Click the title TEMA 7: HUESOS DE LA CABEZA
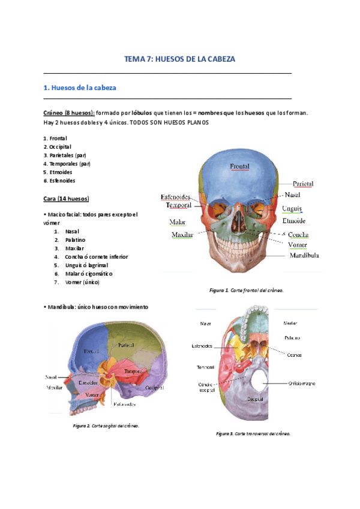click(x=179, y=59)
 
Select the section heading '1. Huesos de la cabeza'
click(x=80, y=88)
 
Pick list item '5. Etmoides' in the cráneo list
click(x=59, y=172)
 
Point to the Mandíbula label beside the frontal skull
click(x=304, y=255)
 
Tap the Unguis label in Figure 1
click(x=292, y=208)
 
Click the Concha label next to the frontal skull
click(x=298, y=234)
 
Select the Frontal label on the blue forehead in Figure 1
click(x=239, y=166)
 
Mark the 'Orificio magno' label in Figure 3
click(x=302, y=383)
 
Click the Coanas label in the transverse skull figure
click(x=295, y=354)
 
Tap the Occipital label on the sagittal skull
click(x=154, y=388)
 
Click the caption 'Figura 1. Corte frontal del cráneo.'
click(x=246, y=290)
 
